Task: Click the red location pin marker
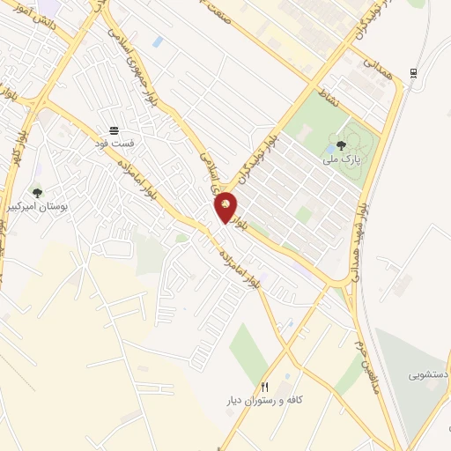[x=226, y=206]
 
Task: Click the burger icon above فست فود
[x=115, y=130]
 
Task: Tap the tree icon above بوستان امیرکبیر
[x=36, y=193]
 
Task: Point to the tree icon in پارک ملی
[x=341, y=145]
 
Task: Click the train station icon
[x=413, y=72]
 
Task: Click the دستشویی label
[x=428, y=374]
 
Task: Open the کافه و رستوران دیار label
[x=299, y=399]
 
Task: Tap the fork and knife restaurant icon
[x=264, y=387]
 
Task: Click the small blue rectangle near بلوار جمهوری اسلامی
[x=157, y=41]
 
